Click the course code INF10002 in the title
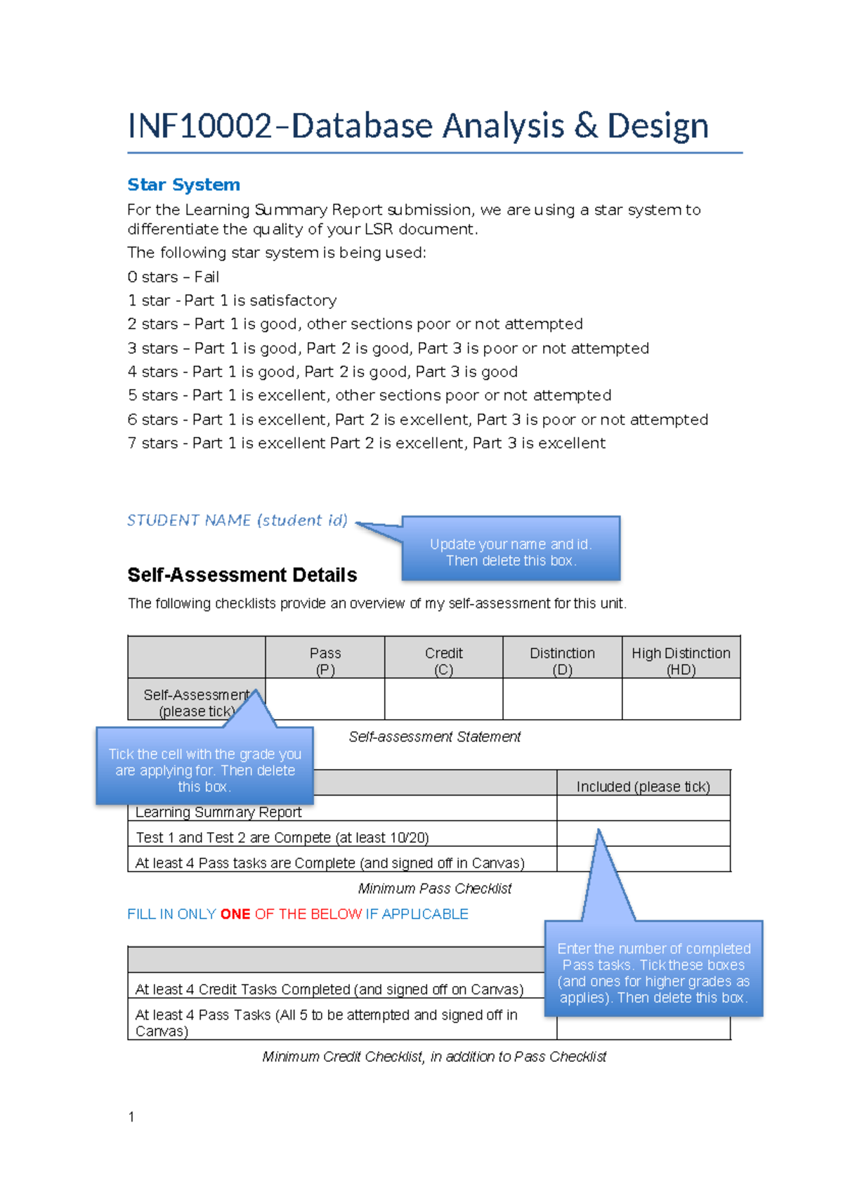(x=200, y=126)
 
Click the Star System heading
(x=183, y=185)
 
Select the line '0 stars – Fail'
(x=173, y=277)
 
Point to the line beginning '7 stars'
(x=365, y=443)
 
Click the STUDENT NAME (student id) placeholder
(x=237, y=520)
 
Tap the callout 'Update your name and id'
(x=511, y=552)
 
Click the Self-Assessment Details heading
(x=242, y=575)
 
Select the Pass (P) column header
(x=325, y=660)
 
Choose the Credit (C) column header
(x=443, y=660)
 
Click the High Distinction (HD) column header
(x=681, y=660)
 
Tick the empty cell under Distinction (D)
(x=562, y=699)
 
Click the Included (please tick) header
(x=643, y=787)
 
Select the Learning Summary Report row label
(x=218, y=812)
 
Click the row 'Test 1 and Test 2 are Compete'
(x=282, y=838)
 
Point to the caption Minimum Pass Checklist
(x=434, y=888)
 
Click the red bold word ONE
(x=235, y=914)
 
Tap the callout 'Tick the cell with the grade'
(x=204, y=770)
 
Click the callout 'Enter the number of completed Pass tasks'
(x=653, y=973)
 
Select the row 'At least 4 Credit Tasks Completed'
(x=329, y=989)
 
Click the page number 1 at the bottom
(x=131, y=1117)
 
